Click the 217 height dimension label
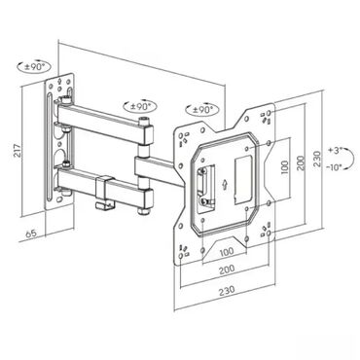point(18,151)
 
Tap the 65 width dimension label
point(31,234)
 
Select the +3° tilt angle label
point(335,151)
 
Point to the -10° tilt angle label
point(334,167)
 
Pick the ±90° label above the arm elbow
point(141,106)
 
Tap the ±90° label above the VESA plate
point(202,110)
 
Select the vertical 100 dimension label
point(284,167)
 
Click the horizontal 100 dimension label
point(227,251)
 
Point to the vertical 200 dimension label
point(301,163)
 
